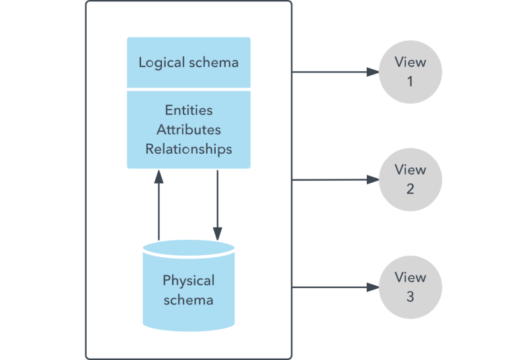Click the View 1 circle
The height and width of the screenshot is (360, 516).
pos(410,72)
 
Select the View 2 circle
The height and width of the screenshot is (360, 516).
pos(410,179)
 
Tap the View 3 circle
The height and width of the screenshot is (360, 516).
pos(410,287)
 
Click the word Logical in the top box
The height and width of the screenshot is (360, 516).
pos(162,62)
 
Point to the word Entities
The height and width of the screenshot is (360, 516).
pos(188,110)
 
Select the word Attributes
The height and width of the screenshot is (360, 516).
pos(188,130)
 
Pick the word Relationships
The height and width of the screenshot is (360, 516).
pos(188,148)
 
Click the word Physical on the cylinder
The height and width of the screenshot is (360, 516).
pos(189,280)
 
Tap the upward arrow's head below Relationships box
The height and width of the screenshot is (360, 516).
pos(159,175)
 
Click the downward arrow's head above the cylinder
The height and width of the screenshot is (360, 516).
pos(217,233)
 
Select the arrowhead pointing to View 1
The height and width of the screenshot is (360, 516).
pos(372,72)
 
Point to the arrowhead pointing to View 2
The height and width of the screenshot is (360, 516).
pos(372,179)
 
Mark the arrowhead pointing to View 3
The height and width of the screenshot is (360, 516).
pos(372,287)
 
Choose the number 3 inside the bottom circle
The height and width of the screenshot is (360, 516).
pos(410,296)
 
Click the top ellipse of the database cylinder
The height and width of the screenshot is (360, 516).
pos(189,248)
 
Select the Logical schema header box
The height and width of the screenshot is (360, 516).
pos(189,62)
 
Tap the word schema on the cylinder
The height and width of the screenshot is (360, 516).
pos(189,299)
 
